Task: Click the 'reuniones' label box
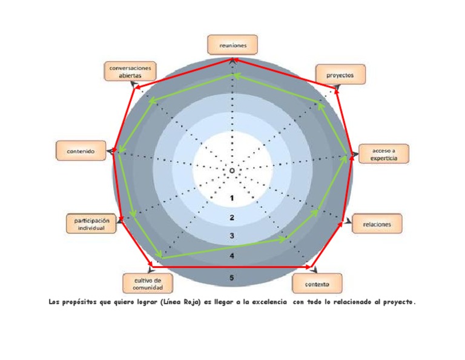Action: click(x=232, y=44)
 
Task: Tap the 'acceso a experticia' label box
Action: click(x=384, y=154)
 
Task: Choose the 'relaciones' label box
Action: click(x=377, y=224)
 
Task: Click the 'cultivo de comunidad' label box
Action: click(x=147, y=283)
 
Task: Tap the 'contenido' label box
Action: click(x=81, y=151)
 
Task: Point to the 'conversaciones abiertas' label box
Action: click(x=130, y=72)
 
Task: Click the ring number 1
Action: click(x=232, y=198)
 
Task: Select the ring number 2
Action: click(x=232, y=218)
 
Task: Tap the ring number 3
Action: click(x=232, y=236)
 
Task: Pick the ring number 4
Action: click(x=232, y=256)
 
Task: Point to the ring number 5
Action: click(x=232, y=278)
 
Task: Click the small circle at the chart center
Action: click(x=232, y=171)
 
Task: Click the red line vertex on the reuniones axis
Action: click(x=232, y=59)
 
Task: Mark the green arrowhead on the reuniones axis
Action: click(x=232, y=75)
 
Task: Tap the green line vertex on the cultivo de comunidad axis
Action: click(x=159, y=258)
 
